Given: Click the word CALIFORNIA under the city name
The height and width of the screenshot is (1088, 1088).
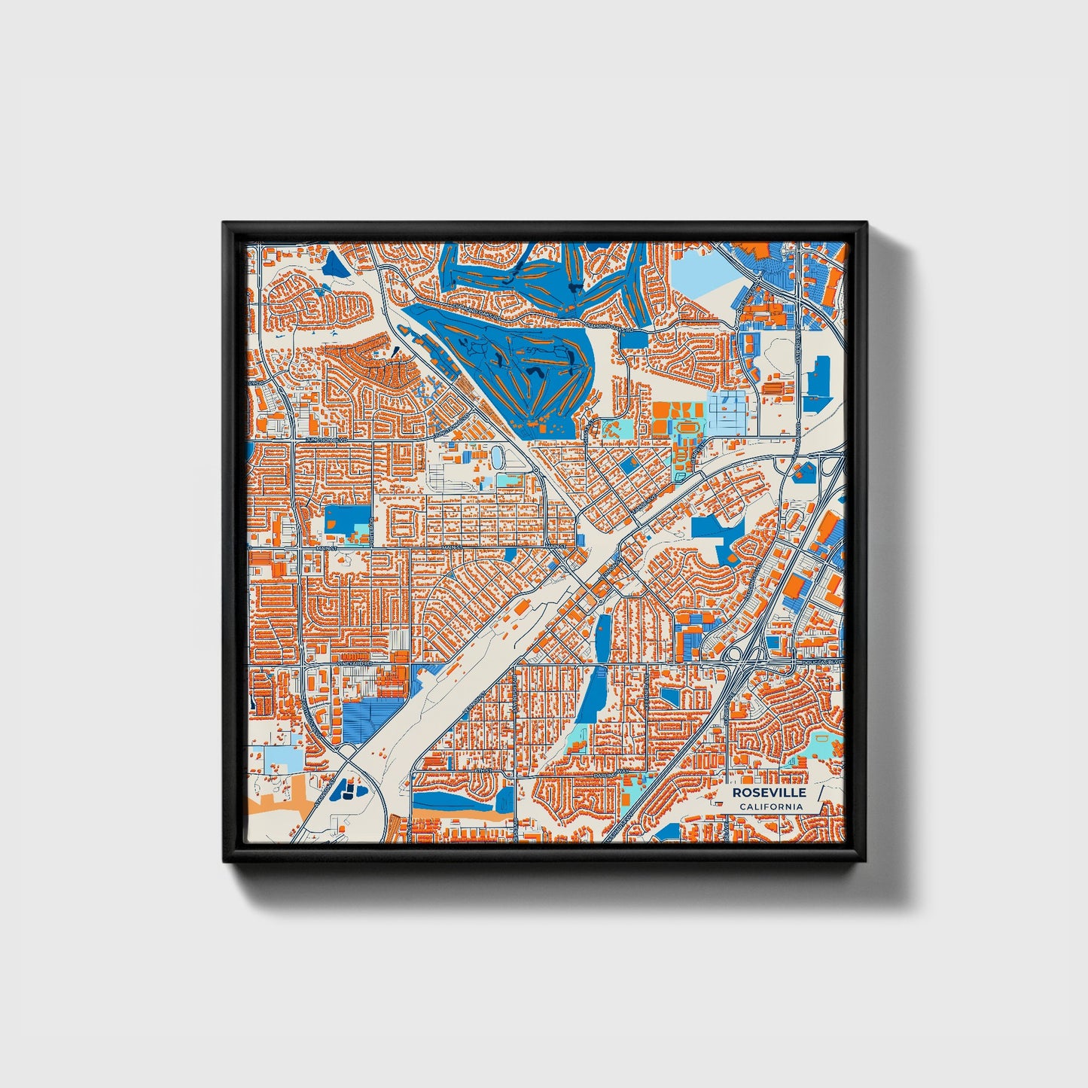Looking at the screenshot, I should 770,806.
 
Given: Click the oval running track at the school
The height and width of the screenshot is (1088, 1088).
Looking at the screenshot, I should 686,428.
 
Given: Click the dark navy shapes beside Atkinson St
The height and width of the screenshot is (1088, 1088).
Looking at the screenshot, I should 349,790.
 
